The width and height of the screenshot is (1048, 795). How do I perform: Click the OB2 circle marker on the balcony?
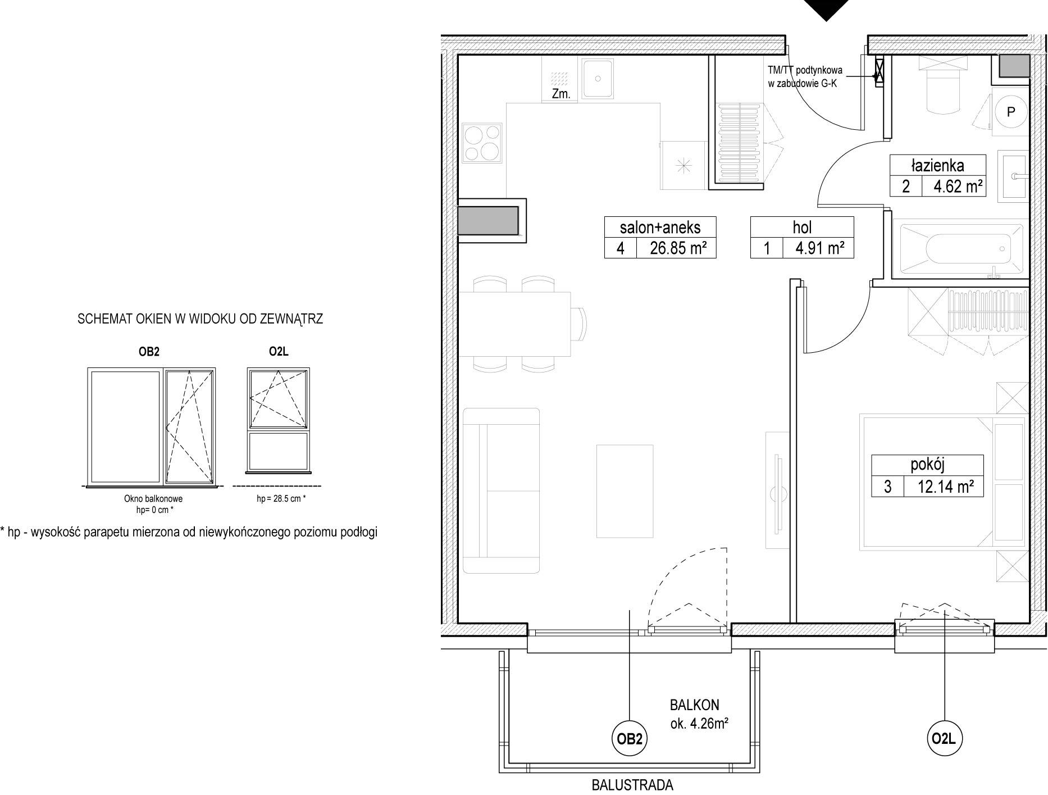[x=630, y=739]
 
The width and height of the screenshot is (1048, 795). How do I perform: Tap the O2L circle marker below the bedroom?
[x=944, y=738]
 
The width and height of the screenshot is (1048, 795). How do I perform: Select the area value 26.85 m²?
[x=677, y=248]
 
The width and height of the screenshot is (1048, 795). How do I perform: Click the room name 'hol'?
[x=802, y=227]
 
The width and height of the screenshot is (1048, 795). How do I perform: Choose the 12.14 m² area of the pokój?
[x=945, y=486]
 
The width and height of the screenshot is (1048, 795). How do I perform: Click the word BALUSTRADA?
[x=632, y=785]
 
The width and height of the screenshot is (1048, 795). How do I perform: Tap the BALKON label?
[x=694, y=705]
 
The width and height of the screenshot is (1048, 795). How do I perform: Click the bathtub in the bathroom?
[x=961, y=248]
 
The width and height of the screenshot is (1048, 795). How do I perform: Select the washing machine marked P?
[x=1010, y=112]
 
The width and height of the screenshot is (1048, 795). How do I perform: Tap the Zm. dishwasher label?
[x=561, y=94]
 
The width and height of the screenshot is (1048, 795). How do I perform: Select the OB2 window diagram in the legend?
[x=152, y=427]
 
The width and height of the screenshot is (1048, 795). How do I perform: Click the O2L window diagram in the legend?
[x=279, y=420]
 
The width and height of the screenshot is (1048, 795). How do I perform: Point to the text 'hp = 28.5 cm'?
[x=279, y=498]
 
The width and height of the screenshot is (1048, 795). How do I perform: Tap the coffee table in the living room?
[x=625, y=491]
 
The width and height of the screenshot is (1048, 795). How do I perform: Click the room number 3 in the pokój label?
[x=887, y=487]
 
